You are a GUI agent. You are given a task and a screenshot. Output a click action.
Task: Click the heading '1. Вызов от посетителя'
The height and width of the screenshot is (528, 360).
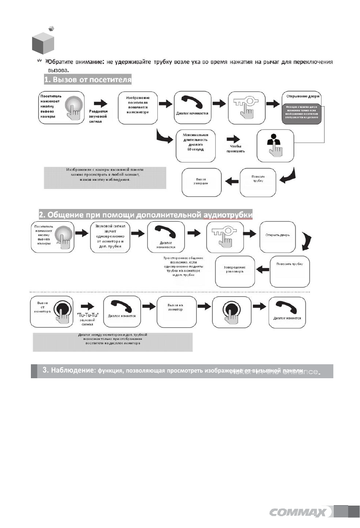(x=88, y=80)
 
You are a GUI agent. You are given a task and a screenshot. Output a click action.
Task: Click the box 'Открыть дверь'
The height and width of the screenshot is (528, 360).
(x=277, y=235)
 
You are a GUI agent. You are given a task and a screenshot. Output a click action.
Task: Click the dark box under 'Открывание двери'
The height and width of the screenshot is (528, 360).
(x=302, y=113)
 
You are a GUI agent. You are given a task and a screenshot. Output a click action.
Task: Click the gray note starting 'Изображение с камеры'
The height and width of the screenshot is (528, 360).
(x=104, y=177)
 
